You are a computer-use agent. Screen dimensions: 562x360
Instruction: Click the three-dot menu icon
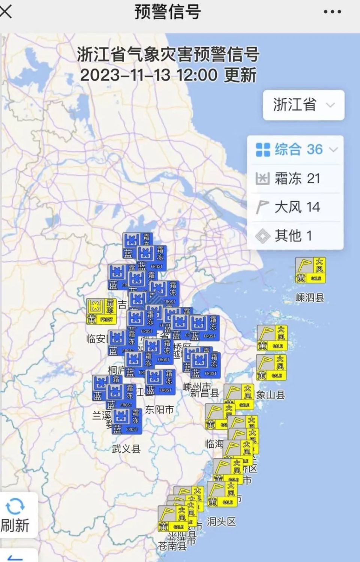tap(332, 12)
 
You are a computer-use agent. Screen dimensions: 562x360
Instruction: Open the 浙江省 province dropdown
tap(303, 105)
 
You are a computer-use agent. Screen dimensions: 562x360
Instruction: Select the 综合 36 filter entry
tap(296, 150)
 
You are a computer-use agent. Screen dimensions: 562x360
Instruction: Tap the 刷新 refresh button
tap(15, 516)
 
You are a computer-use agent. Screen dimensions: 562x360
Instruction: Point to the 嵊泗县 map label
tap(309, 298)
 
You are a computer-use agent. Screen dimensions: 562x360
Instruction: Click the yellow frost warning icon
tap(101, 311)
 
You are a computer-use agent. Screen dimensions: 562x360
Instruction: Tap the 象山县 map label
tap(270, 395)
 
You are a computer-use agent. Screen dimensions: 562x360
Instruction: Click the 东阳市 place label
tap(159, 410)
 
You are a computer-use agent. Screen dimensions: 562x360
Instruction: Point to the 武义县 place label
tap(126, 449)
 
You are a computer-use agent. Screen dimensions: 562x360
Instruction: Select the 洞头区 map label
tap(221, 522)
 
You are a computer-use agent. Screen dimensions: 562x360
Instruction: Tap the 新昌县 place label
tap(204, 393)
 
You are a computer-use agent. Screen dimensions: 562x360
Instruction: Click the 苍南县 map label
tap(172, 546)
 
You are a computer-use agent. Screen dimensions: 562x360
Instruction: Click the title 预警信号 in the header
tap(168, 12)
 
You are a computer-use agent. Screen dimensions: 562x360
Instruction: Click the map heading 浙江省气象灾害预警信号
tap(168, 54)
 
